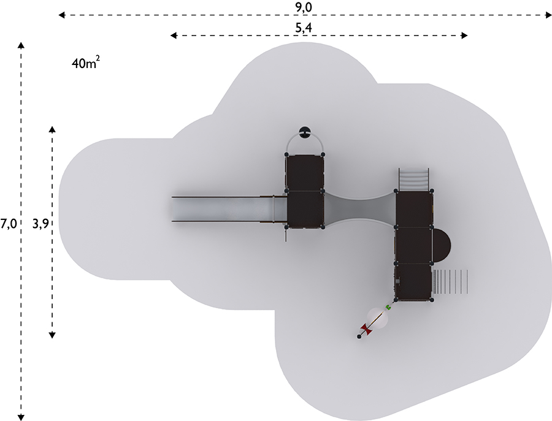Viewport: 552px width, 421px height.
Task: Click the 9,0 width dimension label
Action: click(x=303, y=7)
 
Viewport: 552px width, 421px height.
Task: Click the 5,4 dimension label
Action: click(x=303, y=28)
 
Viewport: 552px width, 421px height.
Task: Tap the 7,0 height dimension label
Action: click(x=9, y=224)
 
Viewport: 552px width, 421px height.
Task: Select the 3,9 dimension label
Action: click(x=41, y=224)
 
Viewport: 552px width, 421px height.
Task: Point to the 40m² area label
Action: click(x=85, y=63)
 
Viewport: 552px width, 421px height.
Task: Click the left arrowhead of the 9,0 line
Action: click(x=61, y=15)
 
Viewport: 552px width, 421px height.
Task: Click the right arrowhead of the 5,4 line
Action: click(x=464, y=35)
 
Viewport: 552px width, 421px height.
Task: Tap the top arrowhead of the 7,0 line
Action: click(x=21, y=45)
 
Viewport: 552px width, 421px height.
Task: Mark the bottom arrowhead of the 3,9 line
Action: click(x=52, y=335)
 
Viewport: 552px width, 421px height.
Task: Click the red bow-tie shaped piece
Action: click(x=367, y=330)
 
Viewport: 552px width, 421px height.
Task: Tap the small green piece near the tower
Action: click(x=389, y=308)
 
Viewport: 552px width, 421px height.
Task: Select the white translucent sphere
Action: click(x=378, y=318)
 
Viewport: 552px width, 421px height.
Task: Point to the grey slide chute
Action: click(x=229, y=209)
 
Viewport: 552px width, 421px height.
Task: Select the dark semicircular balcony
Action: click(x=441, y=245)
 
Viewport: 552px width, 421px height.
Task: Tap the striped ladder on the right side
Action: click(x=450, y=281)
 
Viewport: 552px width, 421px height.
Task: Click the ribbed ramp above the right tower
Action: click(x=414, y=180)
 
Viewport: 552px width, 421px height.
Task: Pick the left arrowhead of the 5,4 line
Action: click(x=174, y=35)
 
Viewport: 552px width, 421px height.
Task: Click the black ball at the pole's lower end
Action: click(x=359, y=337)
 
